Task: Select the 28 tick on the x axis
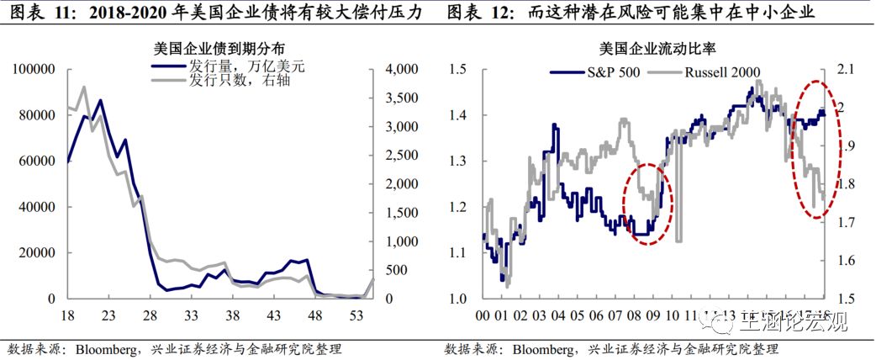click(x=150, y=316)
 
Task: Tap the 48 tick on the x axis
click(x=316, y=316)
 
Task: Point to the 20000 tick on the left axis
click(x=38, y=252)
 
